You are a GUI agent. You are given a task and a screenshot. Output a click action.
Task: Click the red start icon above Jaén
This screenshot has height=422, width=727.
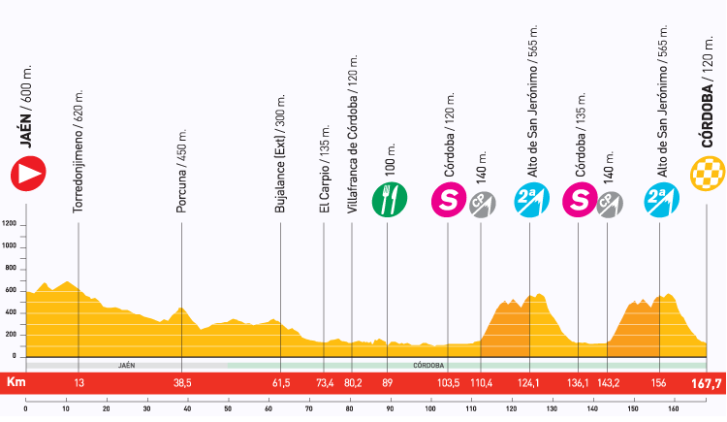pyautogui.click(x=27, y=175)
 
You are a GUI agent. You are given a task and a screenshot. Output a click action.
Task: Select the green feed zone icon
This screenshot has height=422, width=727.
pyautogui.click(x=391, y=200)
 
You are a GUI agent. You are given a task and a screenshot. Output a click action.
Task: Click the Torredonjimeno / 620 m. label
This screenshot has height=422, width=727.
pyautogui.click(x=78, y=146)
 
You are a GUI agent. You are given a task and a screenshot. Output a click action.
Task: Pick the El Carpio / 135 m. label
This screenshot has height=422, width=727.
pyautogui.click(x=324, y=164)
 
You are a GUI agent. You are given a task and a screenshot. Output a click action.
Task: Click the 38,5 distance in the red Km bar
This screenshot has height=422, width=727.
pyautogui.click(x=181, y=383)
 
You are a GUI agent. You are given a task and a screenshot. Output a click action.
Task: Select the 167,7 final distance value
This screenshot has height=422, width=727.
pyautogui.click(x=706, y=383)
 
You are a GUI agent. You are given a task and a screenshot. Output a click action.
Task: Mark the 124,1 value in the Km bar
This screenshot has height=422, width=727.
pyautogui.click(x=528, y=383)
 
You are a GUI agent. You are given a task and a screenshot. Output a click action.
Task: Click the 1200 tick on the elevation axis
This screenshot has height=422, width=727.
pyautogui.click(x=11, y=224)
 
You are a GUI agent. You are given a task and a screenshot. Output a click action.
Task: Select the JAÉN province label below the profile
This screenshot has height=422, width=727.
pyautogui.click(x=126, y=367)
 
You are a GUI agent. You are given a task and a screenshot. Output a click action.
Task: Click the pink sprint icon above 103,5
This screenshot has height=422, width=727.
pyautogui.click(x=449, y=200)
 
